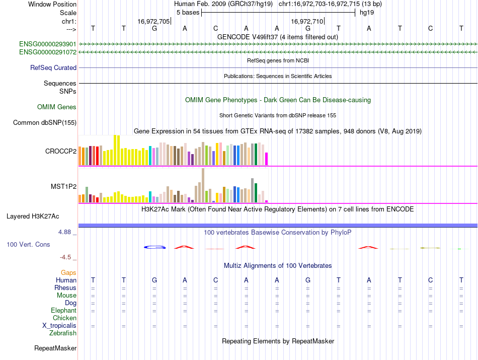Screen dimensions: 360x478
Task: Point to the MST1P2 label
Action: coord(63,186)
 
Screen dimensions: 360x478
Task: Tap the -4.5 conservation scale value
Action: coord(66,257)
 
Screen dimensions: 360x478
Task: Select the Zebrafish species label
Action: coord(63,333)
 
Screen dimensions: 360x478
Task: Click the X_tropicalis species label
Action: coord(59,326)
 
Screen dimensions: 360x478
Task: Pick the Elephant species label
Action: coord(63,311)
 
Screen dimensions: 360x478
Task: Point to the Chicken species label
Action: coord(64,318)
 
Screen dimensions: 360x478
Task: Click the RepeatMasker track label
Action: coord(55,348)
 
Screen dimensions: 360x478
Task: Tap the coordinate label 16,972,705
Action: coord(153,21)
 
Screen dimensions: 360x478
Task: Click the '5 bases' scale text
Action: coord(188,12)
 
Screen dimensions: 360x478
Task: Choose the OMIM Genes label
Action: coord(57,107)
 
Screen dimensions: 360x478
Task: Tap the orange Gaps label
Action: coord(68,272)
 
